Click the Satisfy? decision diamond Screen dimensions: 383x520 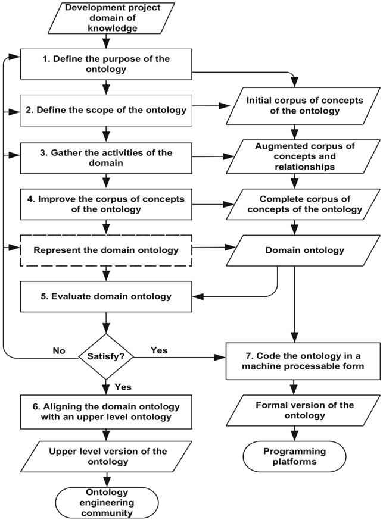[x=106, y=357]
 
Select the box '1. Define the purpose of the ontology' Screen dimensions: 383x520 [x=106, y=64]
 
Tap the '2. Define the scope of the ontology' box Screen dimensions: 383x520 [x=106, y=111]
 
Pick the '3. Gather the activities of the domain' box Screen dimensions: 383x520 [x=106, y=158]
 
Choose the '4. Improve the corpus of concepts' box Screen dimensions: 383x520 [x=106, y=204]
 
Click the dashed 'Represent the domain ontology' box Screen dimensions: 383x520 [x=106, y=250]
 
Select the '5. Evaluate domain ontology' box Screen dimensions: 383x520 [x=106, y=296]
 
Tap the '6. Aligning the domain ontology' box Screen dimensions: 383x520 [x=106, y=412]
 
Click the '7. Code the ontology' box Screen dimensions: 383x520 [x=303, y=361]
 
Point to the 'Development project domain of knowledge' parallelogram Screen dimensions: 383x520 [x=111, y=18]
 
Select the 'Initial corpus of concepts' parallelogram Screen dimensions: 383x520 [x=303, y=106]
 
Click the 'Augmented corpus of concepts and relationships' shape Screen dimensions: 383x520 [x=303, y=156]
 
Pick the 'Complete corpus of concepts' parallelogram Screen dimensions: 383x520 [x=303, y=204]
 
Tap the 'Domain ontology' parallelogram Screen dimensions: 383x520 [x=303, y=250]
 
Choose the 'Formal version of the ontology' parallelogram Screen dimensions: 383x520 [x=303, y=411]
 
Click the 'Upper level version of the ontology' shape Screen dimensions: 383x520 [x=106, y=457]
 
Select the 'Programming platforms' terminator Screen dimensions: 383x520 [x=294, y=457]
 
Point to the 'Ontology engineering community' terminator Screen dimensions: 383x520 [x=107, y=503]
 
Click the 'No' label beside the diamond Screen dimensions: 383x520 [x=59, y=351]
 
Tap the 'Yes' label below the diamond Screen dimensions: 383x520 [x=123, y=387]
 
